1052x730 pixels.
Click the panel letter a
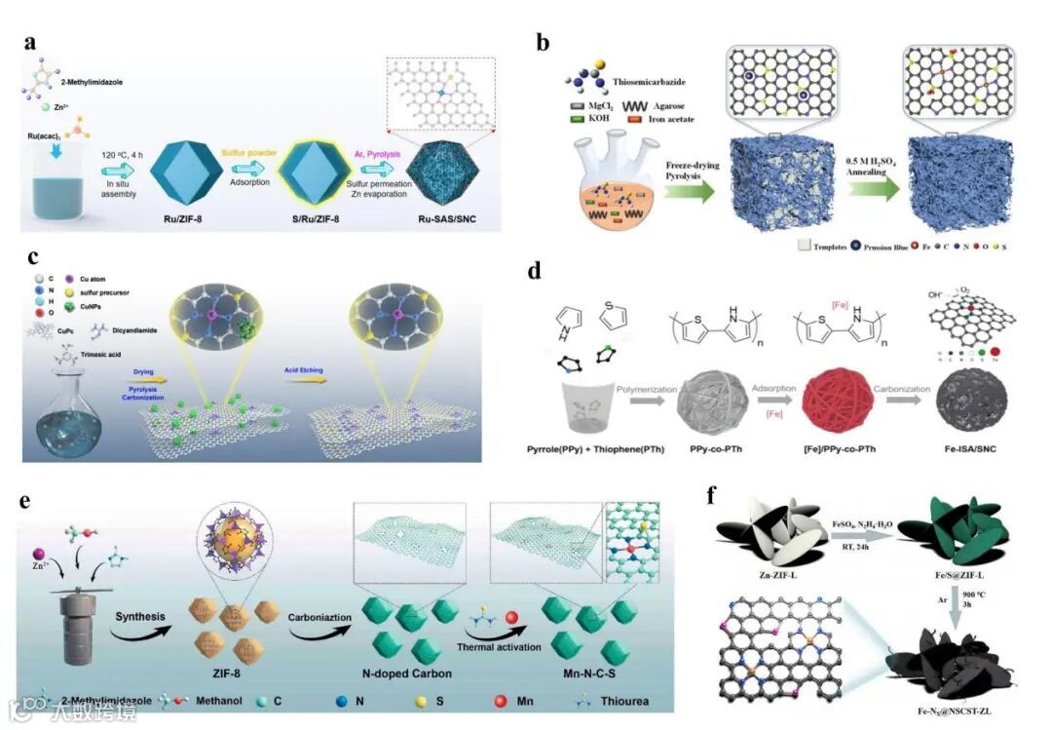32,43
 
